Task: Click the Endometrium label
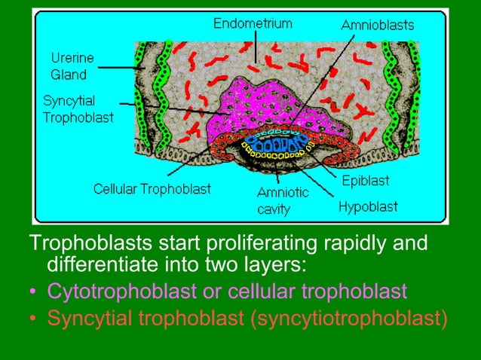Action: pyautogui.click(x=252, y=23)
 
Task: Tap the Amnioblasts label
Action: pyautogui.click(x=377, y=25)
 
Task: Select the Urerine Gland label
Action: pyautogui.click(x=69, y=66)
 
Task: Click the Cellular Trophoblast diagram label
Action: pyautogui.click(x=152, y=188)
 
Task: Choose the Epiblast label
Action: pyautogui.click(x=366, y=181)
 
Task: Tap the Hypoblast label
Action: pyautogui.click(x=367, y=206)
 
